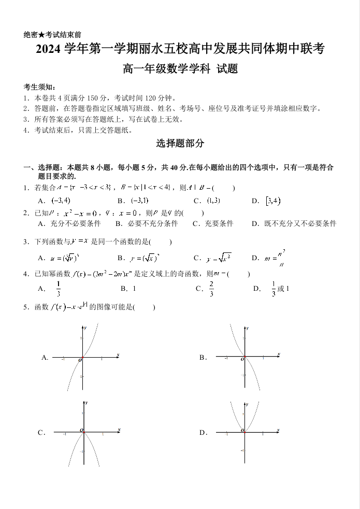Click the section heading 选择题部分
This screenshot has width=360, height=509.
(180, 144)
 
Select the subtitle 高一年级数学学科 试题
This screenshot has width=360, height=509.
(180, 68)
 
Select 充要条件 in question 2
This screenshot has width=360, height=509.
(217, 223)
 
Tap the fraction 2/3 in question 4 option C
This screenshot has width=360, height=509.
(212, 288)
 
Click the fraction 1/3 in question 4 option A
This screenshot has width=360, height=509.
(59, 288)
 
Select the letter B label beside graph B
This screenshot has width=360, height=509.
(203, 357)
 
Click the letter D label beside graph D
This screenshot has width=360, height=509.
(203, 432)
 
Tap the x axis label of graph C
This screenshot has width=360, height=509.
(119, 429)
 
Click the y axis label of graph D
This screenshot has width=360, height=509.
(248, 403)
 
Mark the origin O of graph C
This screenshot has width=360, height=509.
(81, 430)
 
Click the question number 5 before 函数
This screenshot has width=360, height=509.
(26, 307)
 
